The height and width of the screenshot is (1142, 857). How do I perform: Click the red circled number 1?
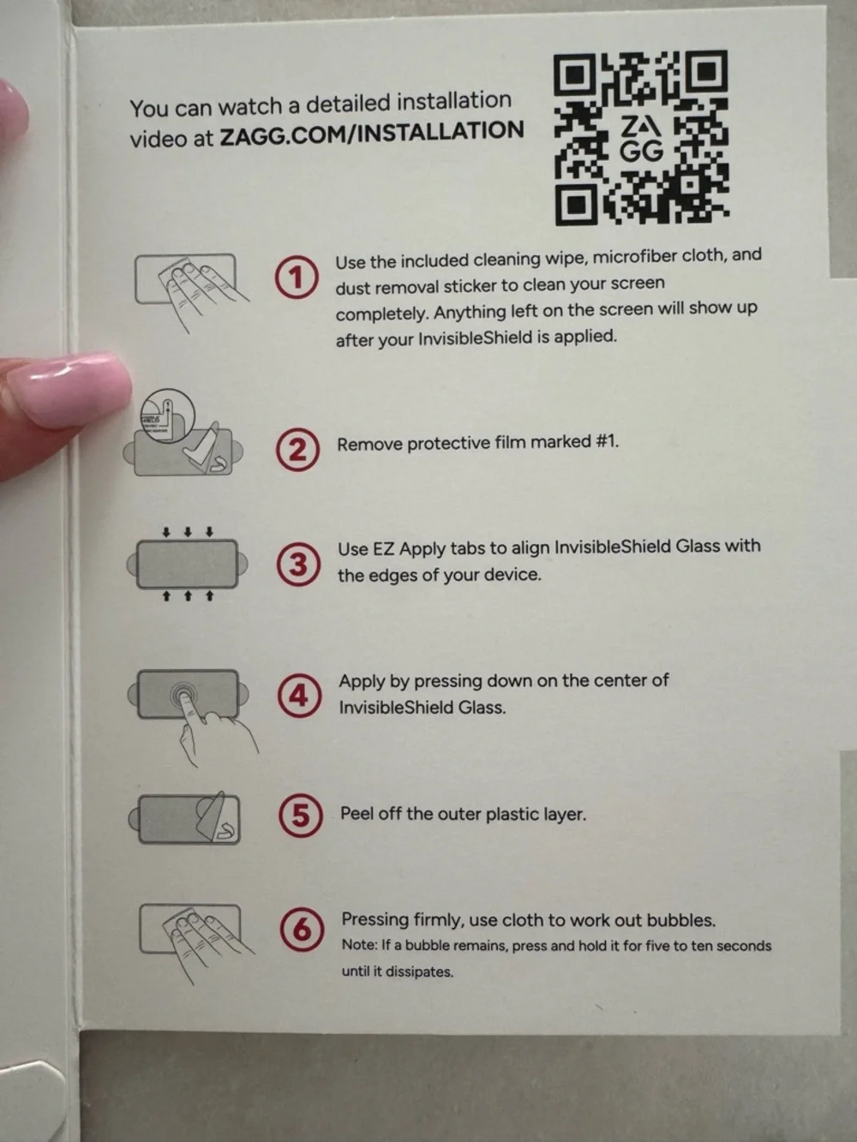[297, 278]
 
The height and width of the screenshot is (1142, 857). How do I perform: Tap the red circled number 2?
[297, 450]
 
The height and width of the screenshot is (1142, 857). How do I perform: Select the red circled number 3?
[298, 565]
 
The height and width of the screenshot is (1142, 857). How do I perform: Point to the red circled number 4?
[299, 697]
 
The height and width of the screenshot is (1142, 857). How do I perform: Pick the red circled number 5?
[300, 816]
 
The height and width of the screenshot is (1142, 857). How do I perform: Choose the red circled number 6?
[302, 930]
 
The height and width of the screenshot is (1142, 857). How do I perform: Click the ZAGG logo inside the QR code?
[641, 139]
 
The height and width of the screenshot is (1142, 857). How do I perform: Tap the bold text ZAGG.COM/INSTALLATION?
[372, 134]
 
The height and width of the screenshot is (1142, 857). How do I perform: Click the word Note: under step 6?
[359, 945]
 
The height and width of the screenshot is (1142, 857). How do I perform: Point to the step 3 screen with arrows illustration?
[188, 564]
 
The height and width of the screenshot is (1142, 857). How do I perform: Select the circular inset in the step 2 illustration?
[168, 416]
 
